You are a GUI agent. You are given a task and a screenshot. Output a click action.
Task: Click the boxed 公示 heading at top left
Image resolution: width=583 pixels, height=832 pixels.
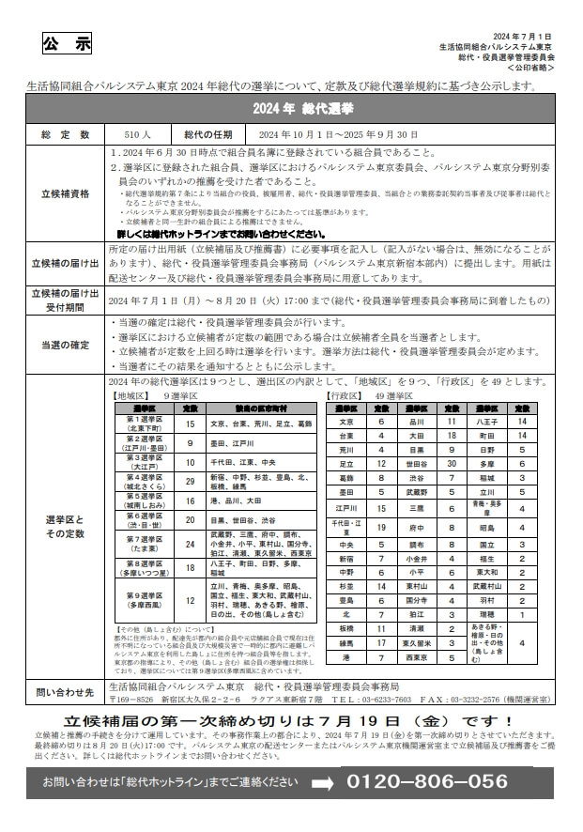tap(68, 44)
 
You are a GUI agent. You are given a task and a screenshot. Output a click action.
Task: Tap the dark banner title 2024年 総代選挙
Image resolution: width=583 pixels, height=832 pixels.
tap(290, 109)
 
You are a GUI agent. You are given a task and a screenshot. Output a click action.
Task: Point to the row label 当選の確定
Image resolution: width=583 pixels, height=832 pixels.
tap(67, 345)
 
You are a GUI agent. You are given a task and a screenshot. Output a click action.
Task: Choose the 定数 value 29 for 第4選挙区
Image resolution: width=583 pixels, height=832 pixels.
tap(190, 483)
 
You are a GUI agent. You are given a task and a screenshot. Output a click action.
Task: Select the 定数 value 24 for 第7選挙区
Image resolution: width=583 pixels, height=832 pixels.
tap(190, 544)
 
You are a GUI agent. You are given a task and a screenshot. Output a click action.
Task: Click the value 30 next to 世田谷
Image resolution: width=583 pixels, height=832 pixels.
tap(453, 464)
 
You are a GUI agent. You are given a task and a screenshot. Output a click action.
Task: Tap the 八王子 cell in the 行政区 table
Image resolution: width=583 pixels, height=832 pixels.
tap(486, 423)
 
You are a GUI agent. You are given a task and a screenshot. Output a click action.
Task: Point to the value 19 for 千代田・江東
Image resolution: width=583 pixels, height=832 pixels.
tap(381, 527)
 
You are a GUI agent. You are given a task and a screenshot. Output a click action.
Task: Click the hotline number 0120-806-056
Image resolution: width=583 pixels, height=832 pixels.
tap(427, 781)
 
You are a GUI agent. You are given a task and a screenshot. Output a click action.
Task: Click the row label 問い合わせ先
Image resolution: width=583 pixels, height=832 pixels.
tap(67, 693)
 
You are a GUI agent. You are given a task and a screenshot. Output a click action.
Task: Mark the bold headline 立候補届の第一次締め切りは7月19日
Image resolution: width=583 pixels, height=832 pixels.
tap(290, 720)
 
